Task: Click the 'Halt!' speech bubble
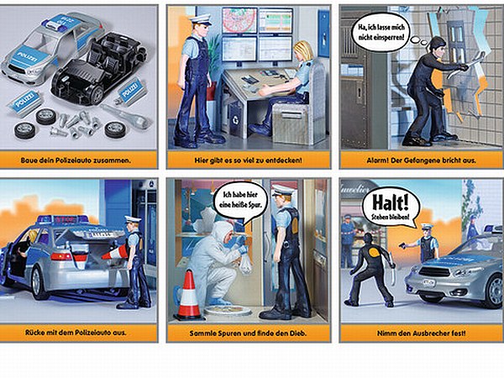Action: tap(391, 207)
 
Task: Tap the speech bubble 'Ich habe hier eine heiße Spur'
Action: tap(239, 200)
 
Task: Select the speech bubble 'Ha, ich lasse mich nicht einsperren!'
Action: tap(381, 32)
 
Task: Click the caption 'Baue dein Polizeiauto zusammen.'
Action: tap(76, 160)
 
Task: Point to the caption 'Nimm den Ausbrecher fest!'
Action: tap(421, 333)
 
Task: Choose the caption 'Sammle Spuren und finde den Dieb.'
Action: tap(248, 333)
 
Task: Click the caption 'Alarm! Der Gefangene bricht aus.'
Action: tap(421, 160)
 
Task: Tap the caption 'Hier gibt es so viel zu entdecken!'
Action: tap(248, 160)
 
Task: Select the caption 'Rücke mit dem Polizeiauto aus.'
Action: tap(76, 333)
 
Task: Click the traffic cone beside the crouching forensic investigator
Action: tap(189, 295)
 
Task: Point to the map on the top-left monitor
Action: tap(239, 20)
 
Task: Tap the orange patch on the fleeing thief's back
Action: tap(374, 251)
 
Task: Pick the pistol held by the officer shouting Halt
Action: tap(403, 245)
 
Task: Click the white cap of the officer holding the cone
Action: tap(133, 219)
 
